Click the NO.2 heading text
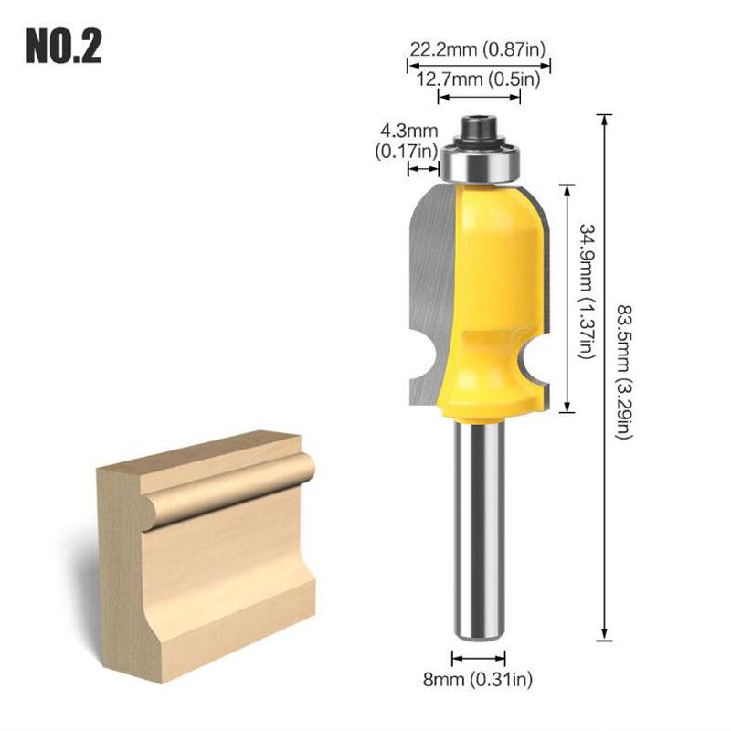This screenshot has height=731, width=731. (63, 46)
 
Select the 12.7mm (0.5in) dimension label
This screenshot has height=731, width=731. (479, 79)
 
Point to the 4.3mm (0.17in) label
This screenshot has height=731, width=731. (407, 144)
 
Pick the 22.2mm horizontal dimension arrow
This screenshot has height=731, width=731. (479, 65)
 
